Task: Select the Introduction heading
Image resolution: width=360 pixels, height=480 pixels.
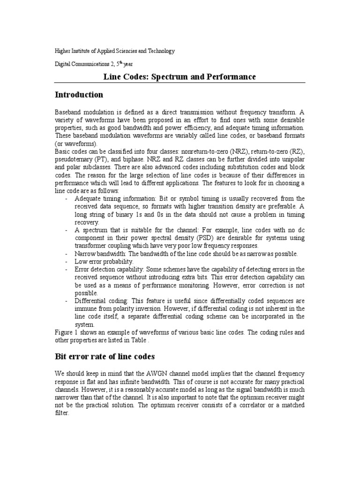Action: (x=79, y=95)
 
